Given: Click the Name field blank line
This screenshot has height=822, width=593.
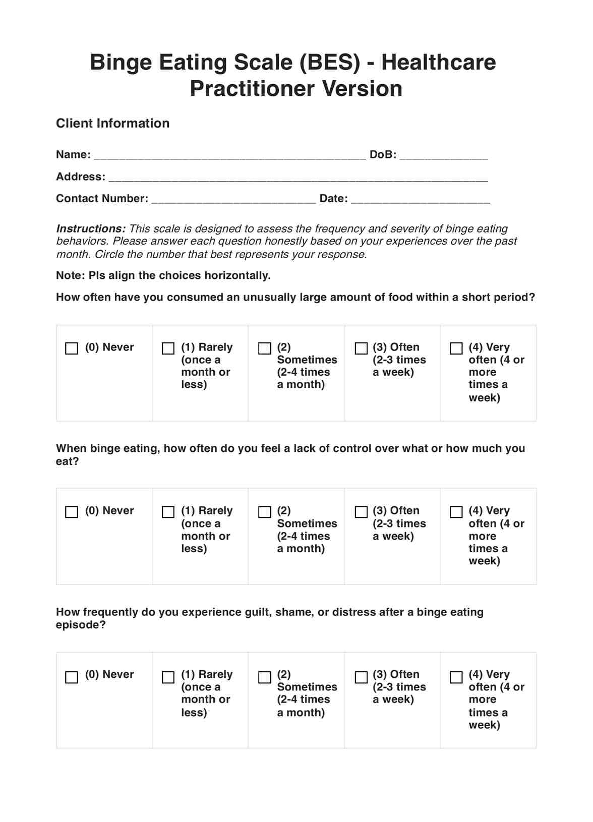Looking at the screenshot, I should click(x=230, y=155).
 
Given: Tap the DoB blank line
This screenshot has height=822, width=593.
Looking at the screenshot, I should click(x=443, y=155).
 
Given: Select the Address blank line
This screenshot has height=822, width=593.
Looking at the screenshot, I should click(x=298, y=178).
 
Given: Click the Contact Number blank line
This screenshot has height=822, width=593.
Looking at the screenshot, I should click(x=233, y=199).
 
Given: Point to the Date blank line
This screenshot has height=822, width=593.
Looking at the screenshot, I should click(x=420, y=199).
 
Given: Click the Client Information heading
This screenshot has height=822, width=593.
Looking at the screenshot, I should click(x=112, y=124).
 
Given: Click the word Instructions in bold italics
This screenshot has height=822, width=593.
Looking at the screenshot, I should click(x=91, y=228).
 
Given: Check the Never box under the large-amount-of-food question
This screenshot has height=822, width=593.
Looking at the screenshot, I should click(x=72, y=348).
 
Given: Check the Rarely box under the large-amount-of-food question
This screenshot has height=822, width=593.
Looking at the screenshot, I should click(x=168, y=348).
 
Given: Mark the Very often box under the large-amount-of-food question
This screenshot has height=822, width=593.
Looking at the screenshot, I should click(x=456, y=348).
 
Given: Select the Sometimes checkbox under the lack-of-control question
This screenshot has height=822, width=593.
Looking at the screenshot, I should click(x=264, y=512).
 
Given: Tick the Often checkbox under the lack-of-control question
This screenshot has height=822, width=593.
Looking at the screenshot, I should click(x=361, y=512).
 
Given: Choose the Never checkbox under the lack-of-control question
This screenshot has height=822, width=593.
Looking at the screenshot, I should click(x=72, y=512).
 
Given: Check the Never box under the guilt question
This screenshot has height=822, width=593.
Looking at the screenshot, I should click(x=72, y=677).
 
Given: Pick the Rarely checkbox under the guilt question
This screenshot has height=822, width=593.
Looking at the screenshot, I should click(x=168, y=677).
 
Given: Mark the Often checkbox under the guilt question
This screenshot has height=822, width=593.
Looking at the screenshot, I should click(x=361, y=677).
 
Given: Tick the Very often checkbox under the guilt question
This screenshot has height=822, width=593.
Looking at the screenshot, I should click(x=456, y=677).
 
